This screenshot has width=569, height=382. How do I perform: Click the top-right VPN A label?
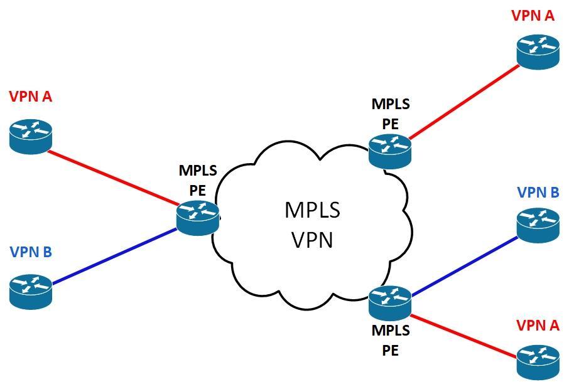tap(533, 15)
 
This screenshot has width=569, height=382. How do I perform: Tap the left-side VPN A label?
tap(30, 97)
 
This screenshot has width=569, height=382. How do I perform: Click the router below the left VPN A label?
tap(31, 135)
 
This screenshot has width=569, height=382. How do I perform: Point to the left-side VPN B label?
tap(30, 252)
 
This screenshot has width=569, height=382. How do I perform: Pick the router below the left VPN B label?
tap(31, 290)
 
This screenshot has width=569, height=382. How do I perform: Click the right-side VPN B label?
tap(538, 192)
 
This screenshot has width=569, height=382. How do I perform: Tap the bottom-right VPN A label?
tap(537, 325)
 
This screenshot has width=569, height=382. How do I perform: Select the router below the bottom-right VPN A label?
tap(538, 362)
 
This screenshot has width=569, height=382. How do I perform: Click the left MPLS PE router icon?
tap(198, 218)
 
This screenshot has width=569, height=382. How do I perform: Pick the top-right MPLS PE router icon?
tap(390, 151)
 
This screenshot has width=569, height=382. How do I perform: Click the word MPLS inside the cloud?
tap(312, 210)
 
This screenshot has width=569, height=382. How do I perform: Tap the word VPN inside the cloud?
tap(312, 239)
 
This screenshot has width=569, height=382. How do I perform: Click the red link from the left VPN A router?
tap(113, 177)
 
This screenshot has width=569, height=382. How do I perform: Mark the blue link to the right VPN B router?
tap(465, 263)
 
